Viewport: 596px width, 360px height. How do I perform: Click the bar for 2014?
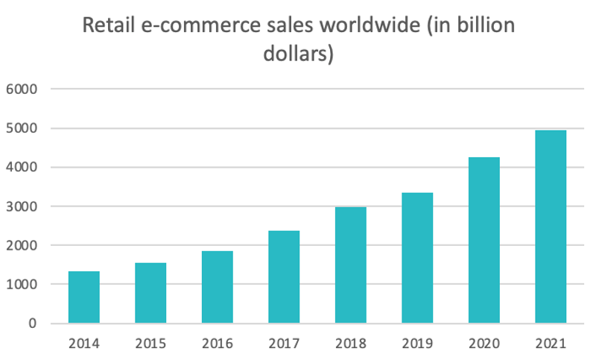click(83, 297)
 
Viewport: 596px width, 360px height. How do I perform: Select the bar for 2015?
click(150, 293)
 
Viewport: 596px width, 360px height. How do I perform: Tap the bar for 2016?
click(217, 287)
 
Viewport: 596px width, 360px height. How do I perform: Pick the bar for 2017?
click(284, 277)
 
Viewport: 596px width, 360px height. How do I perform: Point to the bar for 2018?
click(350, 265)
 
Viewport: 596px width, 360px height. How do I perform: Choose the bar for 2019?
click(417, 258)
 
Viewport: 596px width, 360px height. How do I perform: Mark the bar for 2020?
click(484, 240)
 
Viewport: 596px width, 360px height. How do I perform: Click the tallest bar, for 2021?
click(551, 227)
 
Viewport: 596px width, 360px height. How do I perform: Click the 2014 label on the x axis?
click(83, 344)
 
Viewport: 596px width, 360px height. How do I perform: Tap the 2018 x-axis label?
click(350, 344)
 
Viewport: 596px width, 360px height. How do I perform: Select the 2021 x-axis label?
click(551, 344)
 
